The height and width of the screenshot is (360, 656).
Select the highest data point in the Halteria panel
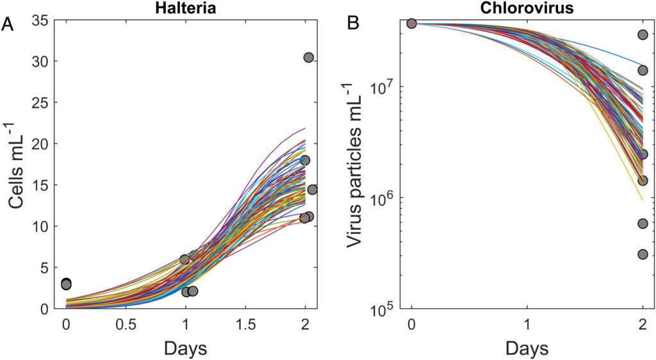pos(308,58)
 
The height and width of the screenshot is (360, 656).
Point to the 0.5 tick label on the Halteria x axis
pos(126,325)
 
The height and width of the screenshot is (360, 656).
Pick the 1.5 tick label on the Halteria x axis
pos(245,325)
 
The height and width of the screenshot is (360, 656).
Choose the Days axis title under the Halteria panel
pos(185,348)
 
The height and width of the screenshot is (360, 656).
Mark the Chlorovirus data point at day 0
pos(412,24)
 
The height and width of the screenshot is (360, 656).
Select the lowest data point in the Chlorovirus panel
pos(643,254)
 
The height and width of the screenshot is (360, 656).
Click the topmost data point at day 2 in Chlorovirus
pos(643,35)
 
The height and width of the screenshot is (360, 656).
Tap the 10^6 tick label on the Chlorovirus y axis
pos(385,198)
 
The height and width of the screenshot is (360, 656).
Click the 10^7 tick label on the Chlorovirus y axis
pos(385,86)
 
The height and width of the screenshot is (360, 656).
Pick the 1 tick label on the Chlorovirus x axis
pos(527,325)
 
